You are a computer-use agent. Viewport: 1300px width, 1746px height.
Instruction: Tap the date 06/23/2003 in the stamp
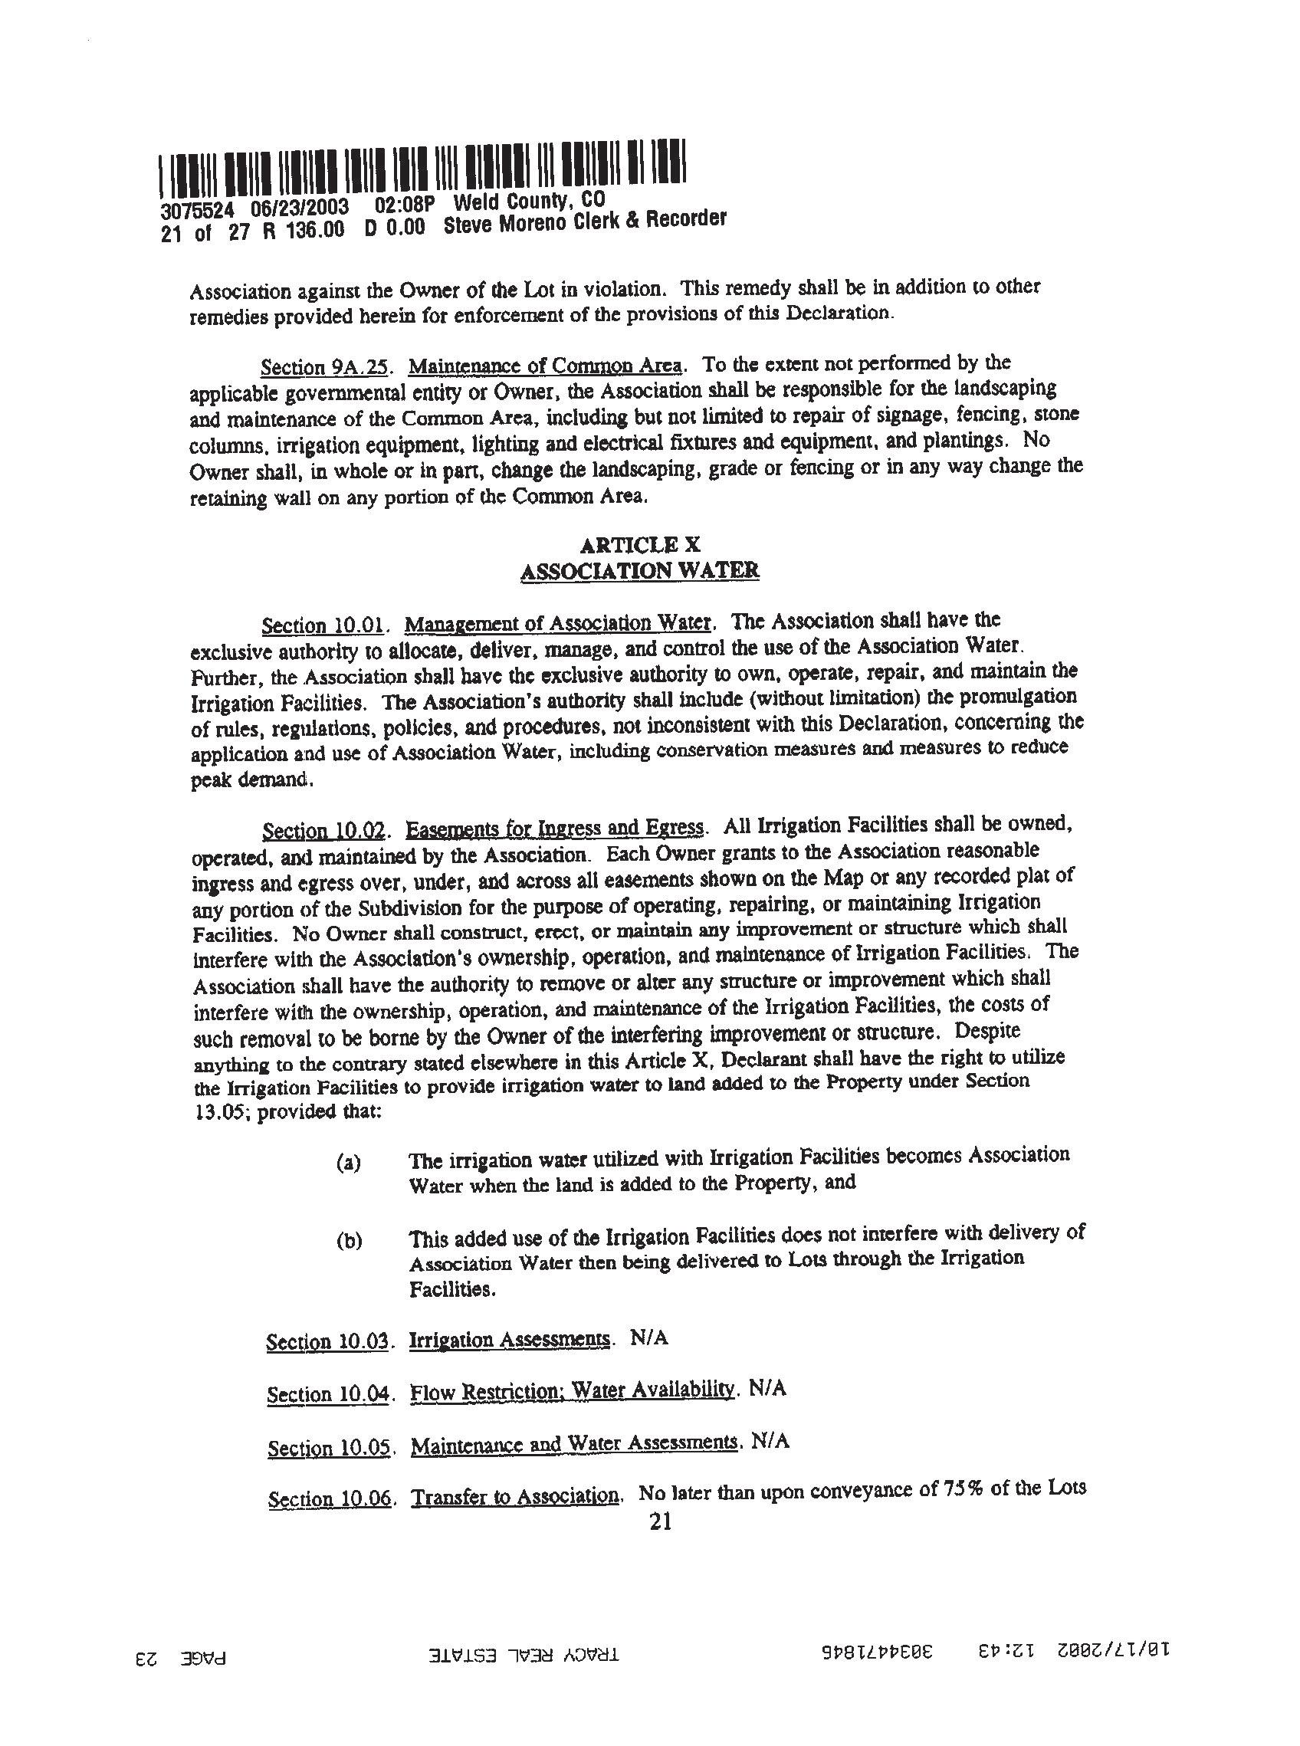[x=300, y=208]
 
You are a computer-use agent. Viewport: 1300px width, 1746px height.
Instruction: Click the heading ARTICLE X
[x=639, y=544]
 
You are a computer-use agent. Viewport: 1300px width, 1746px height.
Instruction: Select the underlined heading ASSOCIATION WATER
[x=639, y=570]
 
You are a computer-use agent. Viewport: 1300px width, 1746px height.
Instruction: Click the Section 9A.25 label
[x=325, y=366]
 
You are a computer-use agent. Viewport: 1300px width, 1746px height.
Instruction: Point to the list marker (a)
[x=348, y=1163]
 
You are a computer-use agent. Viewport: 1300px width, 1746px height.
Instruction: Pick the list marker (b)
[x=349, y=1241]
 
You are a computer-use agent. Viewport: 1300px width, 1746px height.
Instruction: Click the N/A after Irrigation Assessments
[x=649, y=1337]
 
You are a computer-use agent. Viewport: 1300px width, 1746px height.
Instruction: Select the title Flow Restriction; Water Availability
[x=573, y=1390]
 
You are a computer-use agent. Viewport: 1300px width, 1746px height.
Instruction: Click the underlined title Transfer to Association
[x=516, y=1496]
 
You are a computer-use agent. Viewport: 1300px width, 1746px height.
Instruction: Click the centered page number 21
[x=660, y=1522]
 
